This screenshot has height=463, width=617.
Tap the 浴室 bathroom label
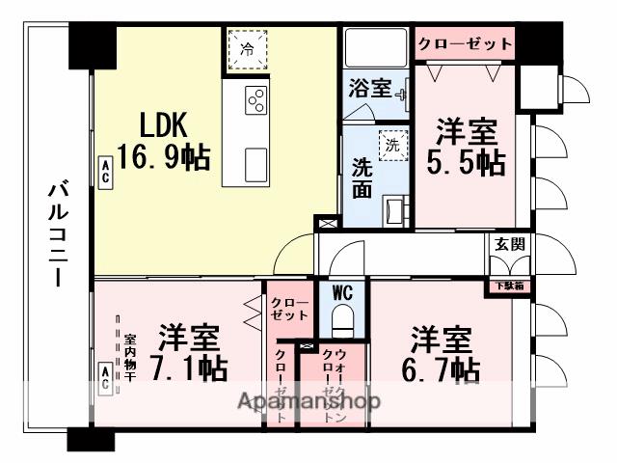[x=369, y=89]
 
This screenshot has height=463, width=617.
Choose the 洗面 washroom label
[x=362, y=177]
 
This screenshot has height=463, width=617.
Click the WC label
[x=344, y=292]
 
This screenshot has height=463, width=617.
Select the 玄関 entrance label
[x=509, y=244]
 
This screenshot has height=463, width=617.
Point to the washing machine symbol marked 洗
[x=392, y=145]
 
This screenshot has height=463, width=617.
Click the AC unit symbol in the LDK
[x=104, y=171]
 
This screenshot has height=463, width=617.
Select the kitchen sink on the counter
[x=257, y=165]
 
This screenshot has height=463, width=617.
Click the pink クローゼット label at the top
[x=465, y=43]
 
